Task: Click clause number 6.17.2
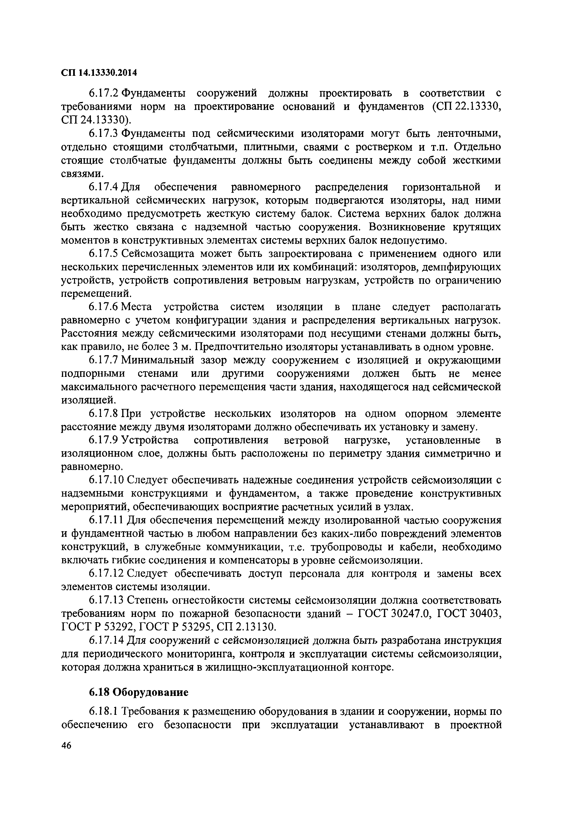pyautogui.click(x=105, y=93)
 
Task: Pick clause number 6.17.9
pyautogui.click(x=105, y=440)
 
